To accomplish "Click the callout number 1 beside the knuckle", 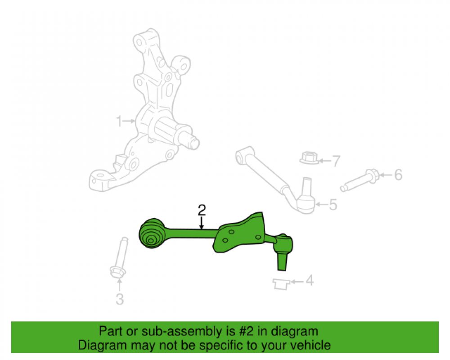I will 119,121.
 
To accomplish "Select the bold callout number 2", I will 202,210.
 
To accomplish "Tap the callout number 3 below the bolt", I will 119,298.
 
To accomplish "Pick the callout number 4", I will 309,281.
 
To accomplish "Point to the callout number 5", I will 333,205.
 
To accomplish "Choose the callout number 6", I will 398,175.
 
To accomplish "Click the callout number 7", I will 336,161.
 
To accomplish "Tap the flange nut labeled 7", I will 308,158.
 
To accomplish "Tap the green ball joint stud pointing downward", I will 282,261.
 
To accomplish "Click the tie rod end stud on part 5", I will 306,184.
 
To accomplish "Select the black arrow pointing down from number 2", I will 202,222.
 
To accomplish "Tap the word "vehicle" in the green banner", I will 310,345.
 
